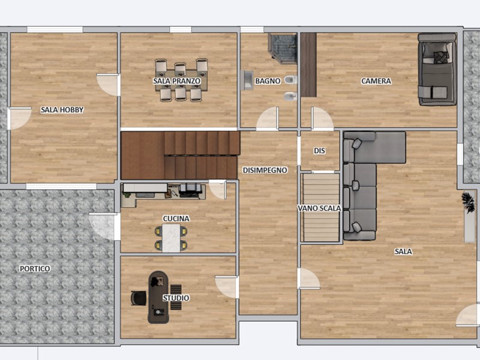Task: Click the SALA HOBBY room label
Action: click(x=62, y=110)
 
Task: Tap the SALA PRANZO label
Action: click(x=177, y=81)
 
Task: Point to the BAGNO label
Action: click(x=268, y=81)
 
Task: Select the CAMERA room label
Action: click(x=376, y=81)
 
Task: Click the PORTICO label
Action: click(x=35, y=269)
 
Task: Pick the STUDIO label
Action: click(x=176, y=298)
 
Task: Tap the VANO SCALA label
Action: click(x=319, y=208)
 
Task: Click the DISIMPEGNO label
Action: click(x=265, y=170)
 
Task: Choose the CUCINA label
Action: click(x=176, y=218)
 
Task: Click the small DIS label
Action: click(x=319, y=151)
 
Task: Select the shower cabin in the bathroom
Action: click(x=283, y=49)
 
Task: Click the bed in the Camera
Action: click(x=437, y=70)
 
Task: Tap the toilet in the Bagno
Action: click(x=290, y=80)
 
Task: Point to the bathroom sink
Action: click(x=247, y=80)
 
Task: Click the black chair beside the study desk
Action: click(x=139, y=298)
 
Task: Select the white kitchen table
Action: click(x=171, y=238)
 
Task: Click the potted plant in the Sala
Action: click(x=469, y=202)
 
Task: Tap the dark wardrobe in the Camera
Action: click(x=308, y=65)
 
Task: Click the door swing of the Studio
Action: click(x=227, y=287)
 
